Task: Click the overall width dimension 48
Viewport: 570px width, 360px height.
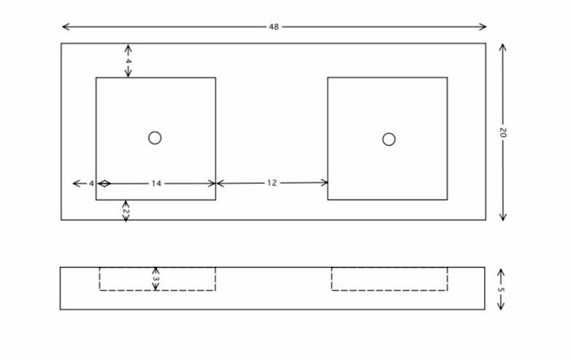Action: point(274,27)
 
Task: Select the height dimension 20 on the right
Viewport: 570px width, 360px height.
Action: point(503,133)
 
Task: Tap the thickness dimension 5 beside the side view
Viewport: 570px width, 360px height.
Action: point(501,290)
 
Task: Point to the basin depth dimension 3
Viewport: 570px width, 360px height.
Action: point(156,279)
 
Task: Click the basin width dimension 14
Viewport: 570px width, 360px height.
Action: point(156,184)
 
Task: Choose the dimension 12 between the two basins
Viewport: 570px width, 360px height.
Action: point(272,183)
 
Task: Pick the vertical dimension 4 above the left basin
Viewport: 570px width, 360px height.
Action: point(128,60)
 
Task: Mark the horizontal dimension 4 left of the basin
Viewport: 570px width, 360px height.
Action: point(91,184)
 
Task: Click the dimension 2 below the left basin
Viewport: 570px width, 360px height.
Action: point(126,211)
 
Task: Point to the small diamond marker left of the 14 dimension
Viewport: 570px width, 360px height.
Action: point(104,184)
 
